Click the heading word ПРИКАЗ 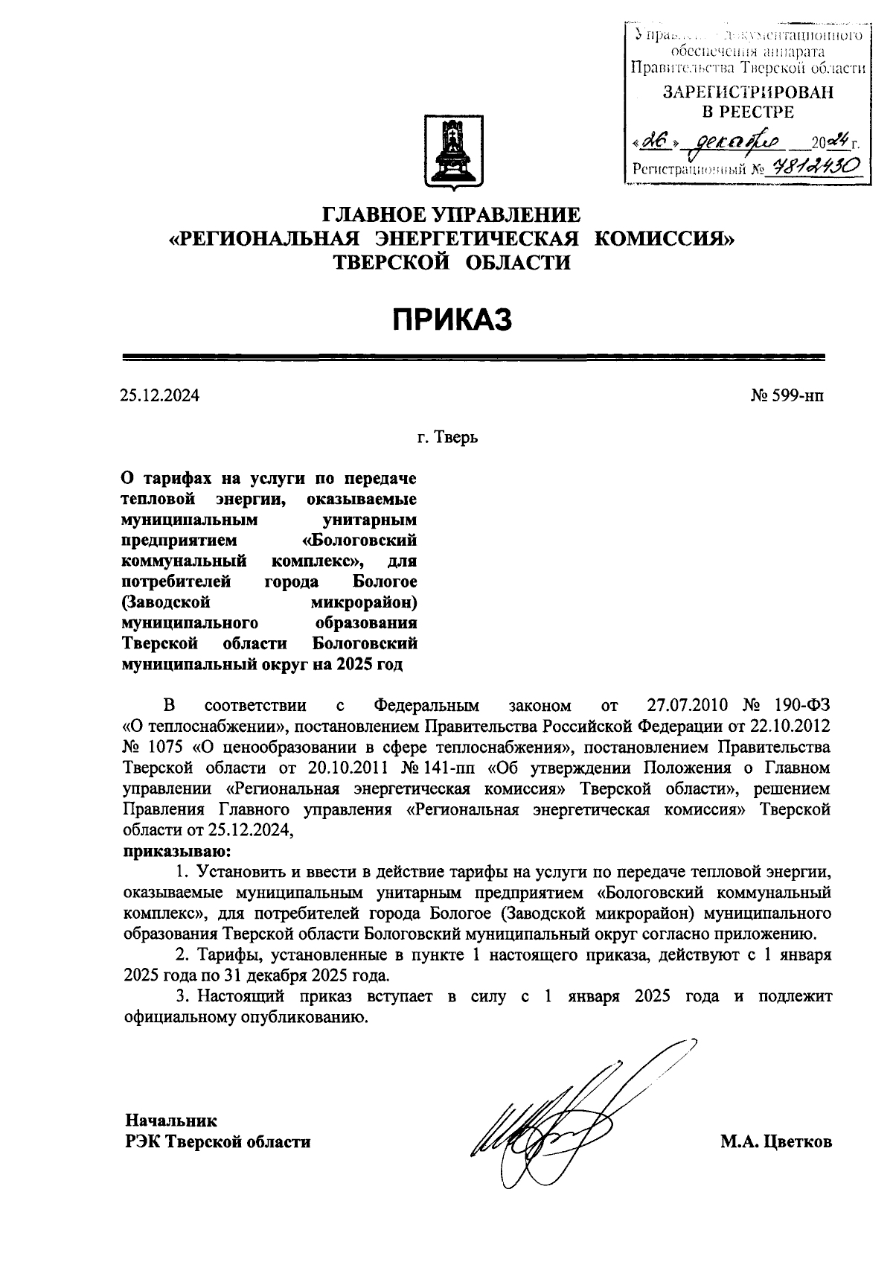453,320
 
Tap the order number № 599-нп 787,395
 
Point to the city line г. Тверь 447,437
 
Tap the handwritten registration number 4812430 817,167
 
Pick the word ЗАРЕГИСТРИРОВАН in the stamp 748,93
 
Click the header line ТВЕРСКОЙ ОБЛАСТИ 452,262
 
